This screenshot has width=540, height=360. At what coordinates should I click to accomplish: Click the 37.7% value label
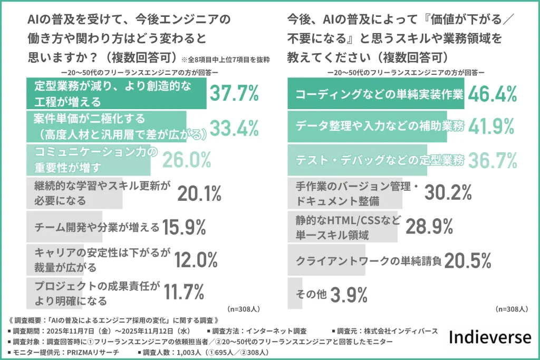point(234,93)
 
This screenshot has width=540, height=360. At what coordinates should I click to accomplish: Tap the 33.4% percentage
point(234,127)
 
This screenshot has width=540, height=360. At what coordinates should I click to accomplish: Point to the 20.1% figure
point(199,193)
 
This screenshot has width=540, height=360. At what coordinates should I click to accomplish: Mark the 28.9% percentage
point(429,226)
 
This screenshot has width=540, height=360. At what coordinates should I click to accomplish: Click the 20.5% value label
point(468,260)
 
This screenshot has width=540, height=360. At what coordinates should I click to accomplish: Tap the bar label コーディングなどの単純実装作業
point(379,94)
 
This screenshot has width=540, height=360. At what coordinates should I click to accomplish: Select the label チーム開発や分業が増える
point(97,227)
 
